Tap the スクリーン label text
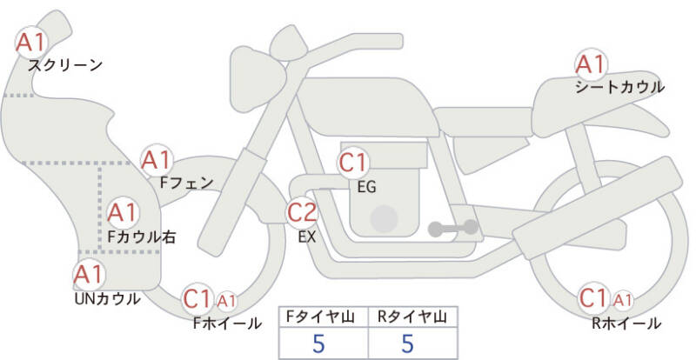coord(66,64)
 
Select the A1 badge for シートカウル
coord(591,64)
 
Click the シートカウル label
coord(619,87)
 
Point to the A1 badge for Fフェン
coord(157,160)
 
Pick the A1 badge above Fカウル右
coord(122,211)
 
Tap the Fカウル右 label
coord(142,235)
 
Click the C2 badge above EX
coord(303,211)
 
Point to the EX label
coord(306,235)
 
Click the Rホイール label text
coord(626,323)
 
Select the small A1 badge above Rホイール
coord(622,301)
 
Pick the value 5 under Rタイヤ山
coord(407,343)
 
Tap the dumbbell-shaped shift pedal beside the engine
coord(452,228)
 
